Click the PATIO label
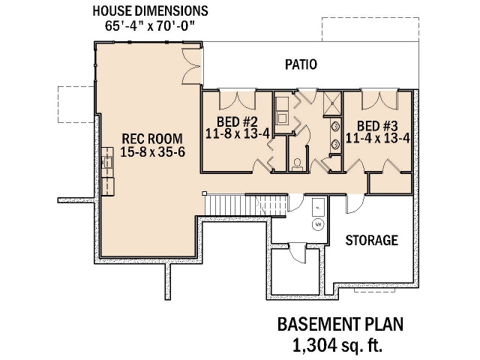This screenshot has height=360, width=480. click(x=301, y=64)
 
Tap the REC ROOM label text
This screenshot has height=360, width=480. click(x=152, y=139)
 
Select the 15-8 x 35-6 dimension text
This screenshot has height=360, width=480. click(x=152, y=151)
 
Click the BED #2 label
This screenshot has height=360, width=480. click(x=237, y=121)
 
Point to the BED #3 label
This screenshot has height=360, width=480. click(x=377, y=126)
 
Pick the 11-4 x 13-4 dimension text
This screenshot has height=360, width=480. click(x=378, y=139)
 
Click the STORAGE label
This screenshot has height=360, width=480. click(x=372, y=240)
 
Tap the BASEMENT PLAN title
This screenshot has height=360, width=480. click(x=340, y=325)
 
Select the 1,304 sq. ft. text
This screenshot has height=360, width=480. click(x=337, y=345)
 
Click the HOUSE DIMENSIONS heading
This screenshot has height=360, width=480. click(x=150, y=11)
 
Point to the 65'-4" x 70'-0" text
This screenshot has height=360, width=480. click(x=150, y=25)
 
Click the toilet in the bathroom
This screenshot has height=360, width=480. click(x=297, y=164)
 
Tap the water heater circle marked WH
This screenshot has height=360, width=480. click(x=318, y=225)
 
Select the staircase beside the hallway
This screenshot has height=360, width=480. click(x=246, y=205)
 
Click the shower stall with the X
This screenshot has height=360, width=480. click(x=332, y=103)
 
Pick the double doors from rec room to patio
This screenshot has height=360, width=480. click(x=192, y=66)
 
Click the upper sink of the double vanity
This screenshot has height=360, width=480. click(x=336, y=126)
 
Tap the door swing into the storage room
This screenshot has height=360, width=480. click(x=355, y=203)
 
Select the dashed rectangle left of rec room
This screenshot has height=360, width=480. click(x=76, y=105)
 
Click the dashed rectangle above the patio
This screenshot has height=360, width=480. click(x=370, y=29)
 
